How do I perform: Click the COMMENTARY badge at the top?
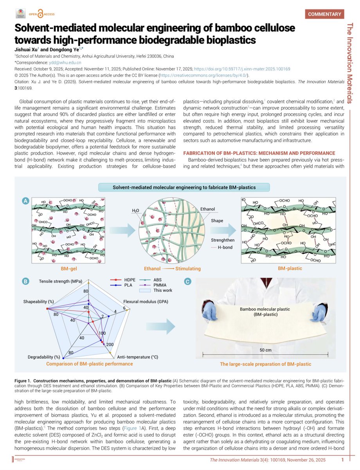(324, 14)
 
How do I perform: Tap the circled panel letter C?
(188, 281)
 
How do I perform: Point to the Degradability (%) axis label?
(44, 357)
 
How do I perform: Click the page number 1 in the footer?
(342, 459)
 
